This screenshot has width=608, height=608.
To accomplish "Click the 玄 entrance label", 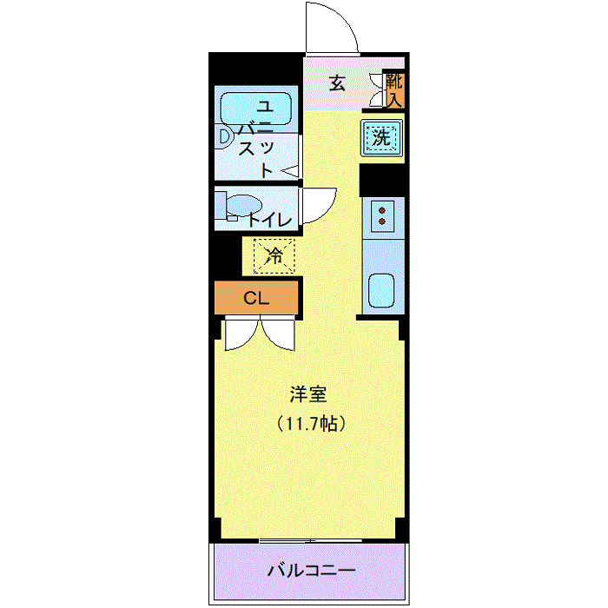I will pos(337,83).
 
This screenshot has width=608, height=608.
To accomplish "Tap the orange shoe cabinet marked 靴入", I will pos(395,90).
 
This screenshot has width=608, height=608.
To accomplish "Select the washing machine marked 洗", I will pos(382,136).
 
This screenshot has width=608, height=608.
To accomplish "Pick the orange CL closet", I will pos(256,299).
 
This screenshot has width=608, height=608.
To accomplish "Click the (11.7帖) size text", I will pos(312,425).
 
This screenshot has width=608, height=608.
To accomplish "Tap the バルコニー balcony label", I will pos(310,572).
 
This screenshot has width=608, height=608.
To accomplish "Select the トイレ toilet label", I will pos(270,220).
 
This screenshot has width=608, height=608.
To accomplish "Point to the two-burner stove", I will pos(382,215).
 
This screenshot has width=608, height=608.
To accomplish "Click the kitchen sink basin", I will pos(381,290).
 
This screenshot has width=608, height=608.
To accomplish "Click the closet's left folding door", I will pos(241,335).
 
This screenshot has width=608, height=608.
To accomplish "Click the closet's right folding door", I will pos(279,335).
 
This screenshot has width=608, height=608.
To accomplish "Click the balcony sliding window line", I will pos(309,541).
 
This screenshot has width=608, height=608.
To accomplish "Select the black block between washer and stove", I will pos(382,178).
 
